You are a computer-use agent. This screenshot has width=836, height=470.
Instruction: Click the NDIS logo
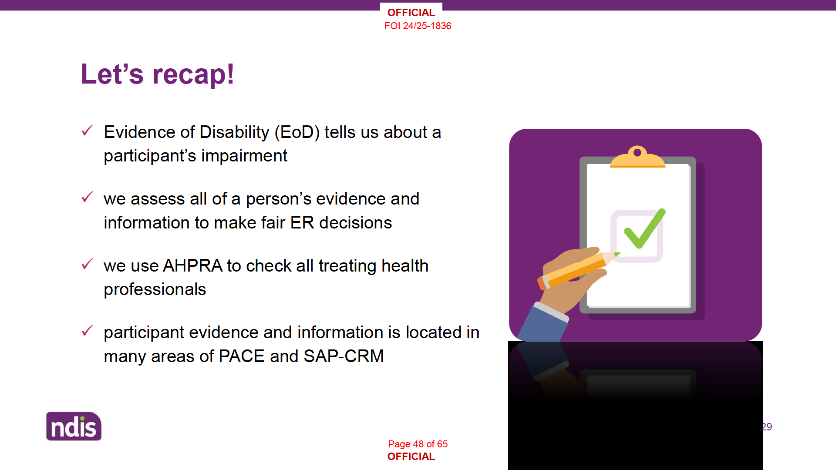(74, 426)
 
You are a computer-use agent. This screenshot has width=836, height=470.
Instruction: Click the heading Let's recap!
(158, 74)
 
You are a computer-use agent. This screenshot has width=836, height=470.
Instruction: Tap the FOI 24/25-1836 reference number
(418, 26)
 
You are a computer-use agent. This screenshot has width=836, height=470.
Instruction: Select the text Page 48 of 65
(418, 444)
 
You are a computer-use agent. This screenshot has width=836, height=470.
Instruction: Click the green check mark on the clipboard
(645, 229)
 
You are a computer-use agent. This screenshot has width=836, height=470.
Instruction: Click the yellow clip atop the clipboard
(638, 157)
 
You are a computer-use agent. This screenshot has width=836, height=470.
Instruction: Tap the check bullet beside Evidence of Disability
(88, 130)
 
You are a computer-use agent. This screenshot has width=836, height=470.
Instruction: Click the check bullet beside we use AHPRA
(88, 264)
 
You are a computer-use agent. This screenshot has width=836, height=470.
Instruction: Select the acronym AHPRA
(192, 266)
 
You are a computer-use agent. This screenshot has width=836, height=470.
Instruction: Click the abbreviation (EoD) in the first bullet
(297, 132)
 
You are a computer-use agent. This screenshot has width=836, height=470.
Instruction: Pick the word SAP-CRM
(344, 356)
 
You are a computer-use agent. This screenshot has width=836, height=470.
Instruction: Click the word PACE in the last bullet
(242, 356)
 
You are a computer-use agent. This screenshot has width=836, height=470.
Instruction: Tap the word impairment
(244, 156)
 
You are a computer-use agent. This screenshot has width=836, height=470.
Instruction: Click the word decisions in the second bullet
(356, 223)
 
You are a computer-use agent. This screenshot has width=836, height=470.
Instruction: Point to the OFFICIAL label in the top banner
(411, 13)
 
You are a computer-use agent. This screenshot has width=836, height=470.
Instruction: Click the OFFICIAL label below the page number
(411, 457)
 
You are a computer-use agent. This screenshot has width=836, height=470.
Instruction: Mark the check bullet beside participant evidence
(88, 330)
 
